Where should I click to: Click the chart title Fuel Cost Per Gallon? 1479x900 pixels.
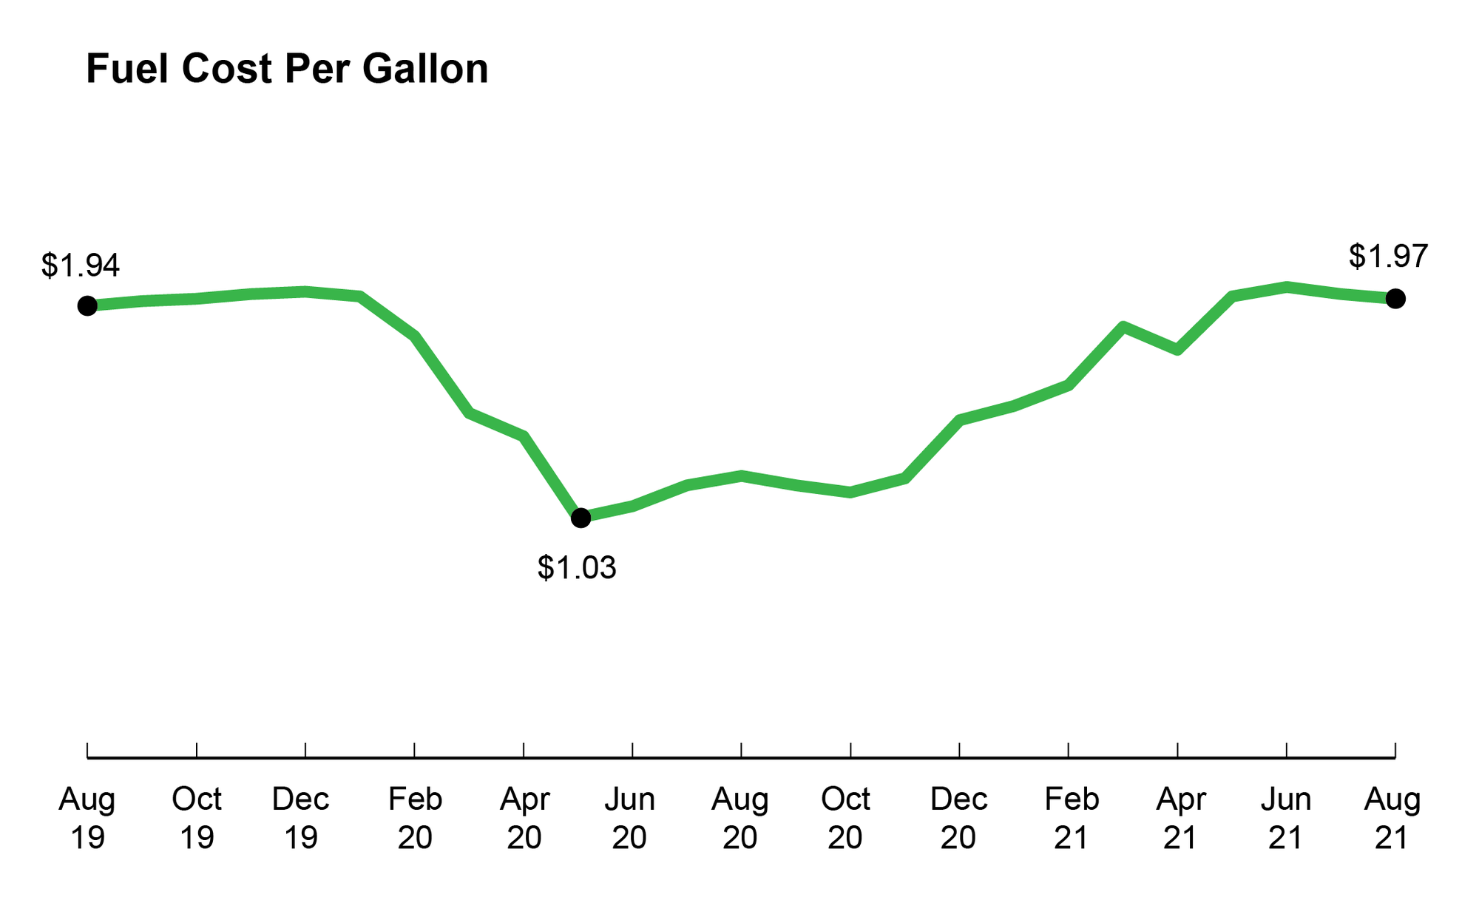(x=287, y=70)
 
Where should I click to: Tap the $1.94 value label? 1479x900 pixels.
(x=80, y=265)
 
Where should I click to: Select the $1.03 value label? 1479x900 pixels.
(x=576, y=568)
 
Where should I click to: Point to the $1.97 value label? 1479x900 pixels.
(x=1387, y=257)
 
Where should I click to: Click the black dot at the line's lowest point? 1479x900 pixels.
(x=581, y=518)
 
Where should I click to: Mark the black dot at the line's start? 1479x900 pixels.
(x=87, y=305)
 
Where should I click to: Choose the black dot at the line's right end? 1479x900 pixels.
(x=1395, y=299)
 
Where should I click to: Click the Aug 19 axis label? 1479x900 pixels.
(x=87, y=818)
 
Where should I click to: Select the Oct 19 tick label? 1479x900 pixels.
(x=197, y=818)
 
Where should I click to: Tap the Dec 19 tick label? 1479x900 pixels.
(x=301, y=818)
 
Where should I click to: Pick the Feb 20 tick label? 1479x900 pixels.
(x=415, y=818)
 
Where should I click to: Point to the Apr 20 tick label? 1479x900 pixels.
(x=524, y=818)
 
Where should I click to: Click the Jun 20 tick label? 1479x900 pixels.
(x=630, y=818)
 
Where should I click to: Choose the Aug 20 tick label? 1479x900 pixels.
(x=740, y=818)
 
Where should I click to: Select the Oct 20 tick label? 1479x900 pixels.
(x=846, y=818)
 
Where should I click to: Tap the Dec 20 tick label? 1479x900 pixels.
(x=958, y=818)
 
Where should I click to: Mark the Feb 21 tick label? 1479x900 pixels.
(x=1072, y=818)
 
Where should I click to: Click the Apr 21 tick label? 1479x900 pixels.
(x=1181, y=818)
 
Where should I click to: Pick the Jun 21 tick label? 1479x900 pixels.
(x=1286, y=818)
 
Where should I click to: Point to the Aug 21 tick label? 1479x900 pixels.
(x=1392, y=818)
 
